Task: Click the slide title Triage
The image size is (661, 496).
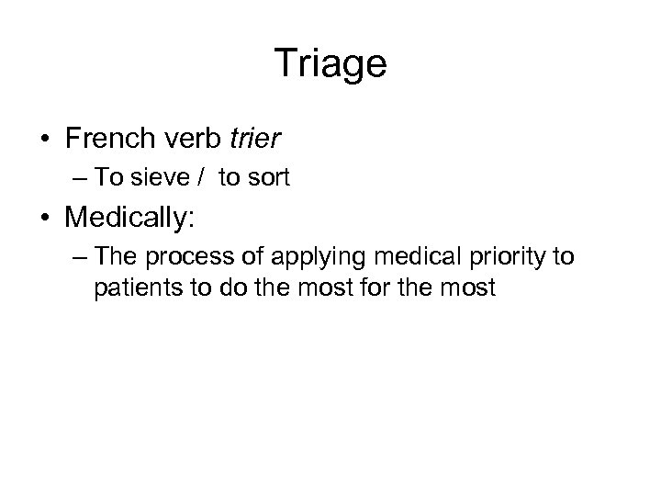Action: pos(330,63)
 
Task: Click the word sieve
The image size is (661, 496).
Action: pos(167,179)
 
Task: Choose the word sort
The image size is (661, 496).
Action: pos(270,179)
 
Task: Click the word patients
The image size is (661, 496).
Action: pos(129,288)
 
